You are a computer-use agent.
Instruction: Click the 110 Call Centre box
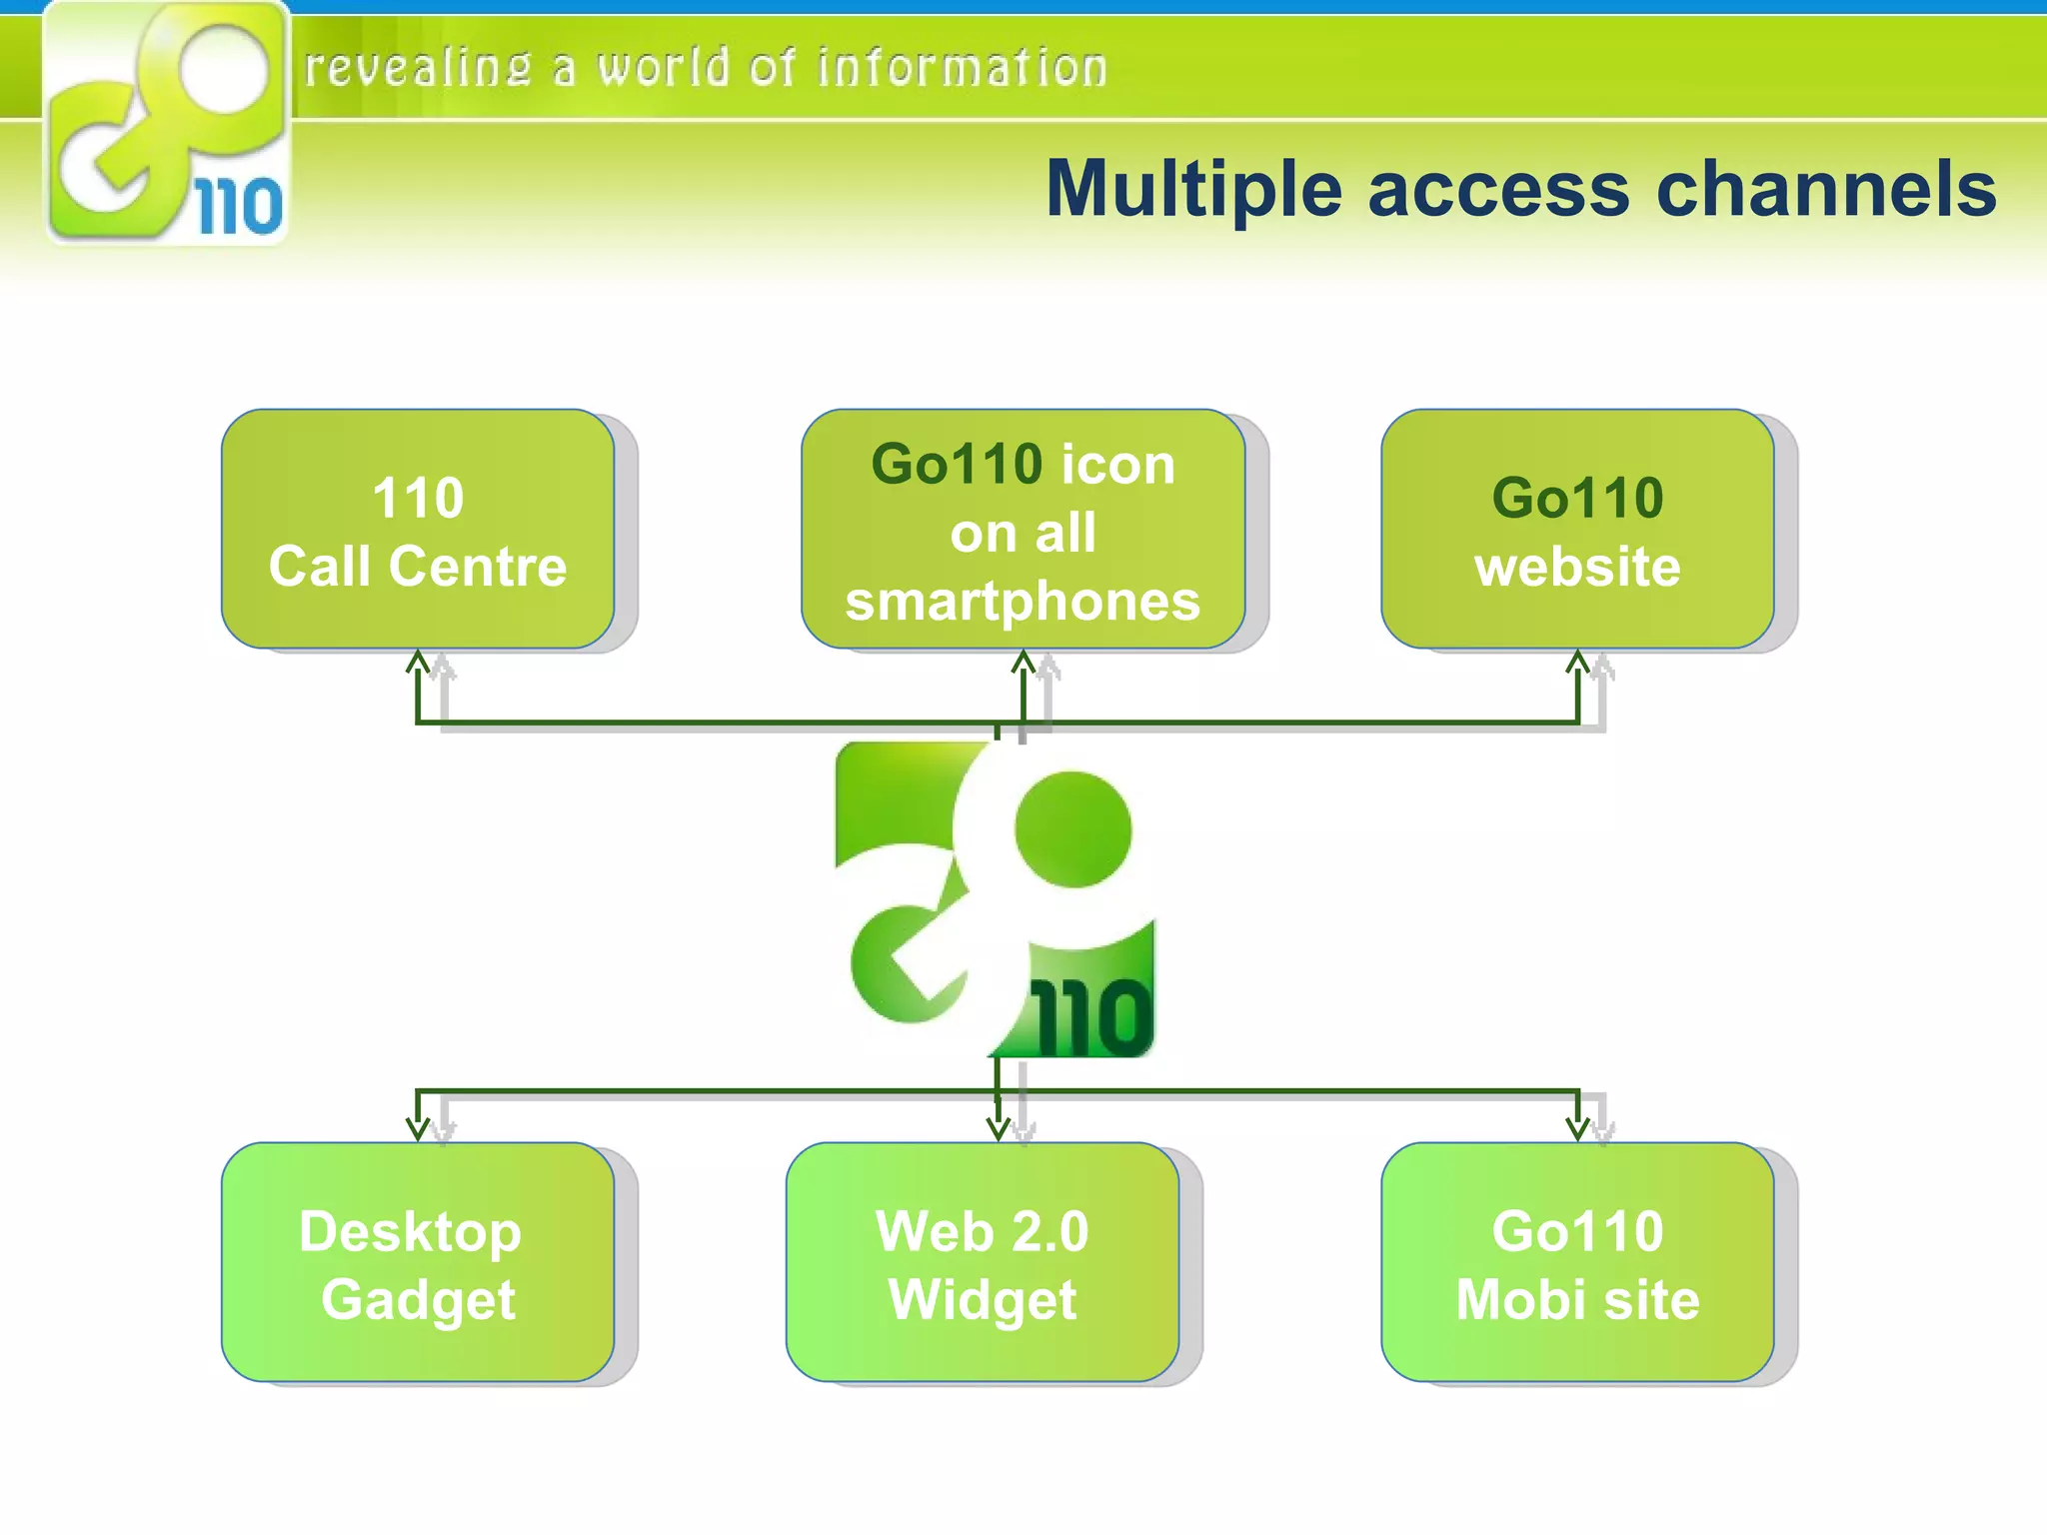click(418, 530)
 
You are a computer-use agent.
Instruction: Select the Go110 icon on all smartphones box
click(1023, 530)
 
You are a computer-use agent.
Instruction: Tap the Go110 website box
click(1577, 530)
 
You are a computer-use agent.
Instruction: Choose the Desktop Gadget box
click(418, 1263)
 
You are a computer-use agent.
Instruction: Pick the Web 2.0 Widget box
click(983, 1263)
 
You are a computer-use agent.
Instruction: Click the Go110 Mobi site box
click(1577, 1263)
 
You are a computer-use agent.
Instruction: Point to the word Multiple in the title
click(1193, 190)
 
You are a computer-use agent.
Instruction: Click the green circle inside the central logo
click(1072, 829)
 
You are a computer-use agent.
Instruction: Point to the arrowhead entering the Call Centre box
click(418, 663)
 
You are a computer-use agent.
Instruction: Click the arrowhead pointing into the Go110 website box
click(1577, 663)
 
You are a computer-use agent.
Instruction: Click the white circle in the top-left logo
click(225, 70)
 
